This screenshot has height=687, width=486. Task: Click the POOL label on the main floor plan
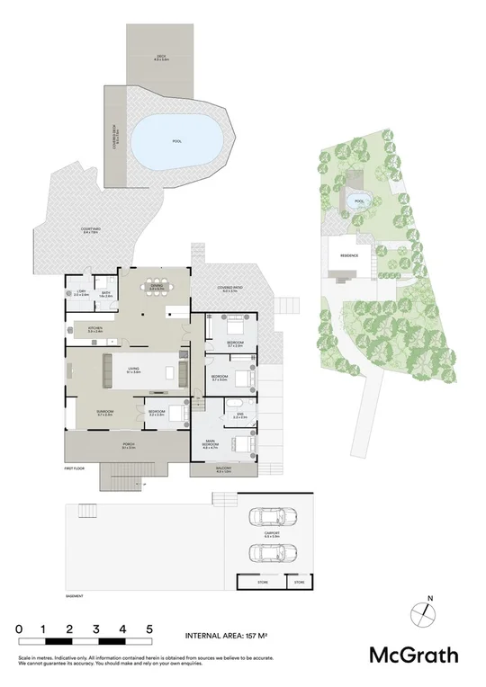click(x=176, y=141)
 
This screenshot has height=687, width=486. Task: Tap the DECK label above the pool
click(x=161, y=58)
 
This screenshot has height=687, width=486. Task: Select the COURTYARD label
click(x=64, y=231)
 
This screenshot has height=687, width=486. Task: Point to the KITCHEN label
click(x=94, y=330)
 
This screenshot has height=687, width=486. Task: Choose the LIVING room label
click(x=132, y=369)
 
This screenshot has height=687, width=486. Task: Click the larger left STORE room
click(x=262, y=583)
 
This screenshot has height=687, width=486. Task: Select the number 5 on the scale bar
click(x=150, y=629)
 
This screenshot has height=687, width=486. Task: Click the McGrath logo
click(x=415, y=655)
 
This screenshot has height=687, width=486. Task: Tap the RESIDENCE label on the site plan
click(x=349, y=255)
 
